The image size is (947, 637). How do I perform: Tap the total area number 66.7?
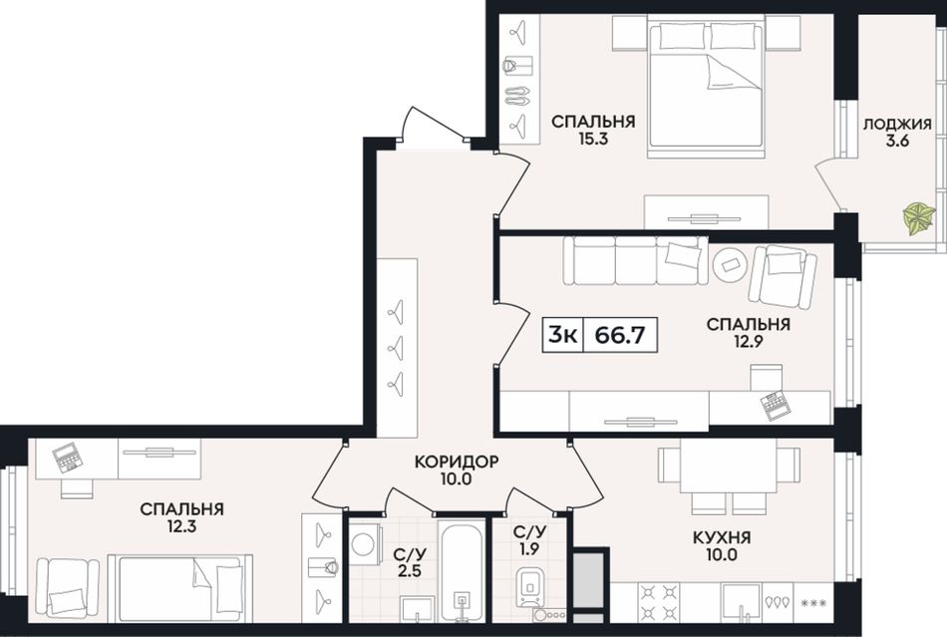620,334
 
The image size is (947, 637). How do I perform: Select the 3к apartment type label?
562,334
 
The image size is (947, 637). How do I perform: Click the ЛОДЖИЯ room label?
897,125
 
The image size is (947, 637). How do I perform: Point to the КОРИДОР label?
456,462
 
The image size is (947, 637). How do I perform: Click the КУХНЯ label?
722,536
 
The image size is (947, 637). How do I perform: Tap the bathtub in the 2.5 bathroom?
462,570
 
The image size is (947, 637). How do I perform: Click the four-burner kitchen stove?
658,601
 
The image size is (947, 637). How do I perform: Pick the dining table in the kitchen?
729,466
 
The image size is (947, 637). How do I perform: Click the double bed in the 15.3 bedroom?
706,87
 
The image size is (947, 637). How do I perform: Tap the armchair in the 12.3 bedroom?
67,588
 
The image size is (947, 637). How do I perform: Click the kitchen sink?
741,602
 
